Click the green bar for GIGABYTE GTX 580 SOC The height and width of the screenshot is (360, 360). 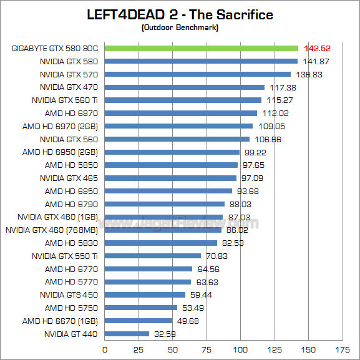201,48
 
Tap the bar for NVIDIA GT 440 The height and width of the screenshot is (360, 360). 127,334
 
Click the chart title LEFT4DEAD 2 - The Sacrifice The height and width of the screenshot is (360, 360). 179,14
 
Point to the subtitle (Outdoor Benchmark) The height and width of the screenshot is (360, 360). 179,27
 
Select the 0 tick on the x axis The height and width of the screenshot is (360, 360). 104,349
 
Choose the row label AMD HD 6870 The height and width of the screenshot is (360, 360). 72,113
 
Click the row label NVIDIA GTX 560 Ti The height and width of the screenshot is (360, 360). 65,100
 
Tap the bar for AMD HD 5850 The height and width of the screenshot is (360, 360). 171,165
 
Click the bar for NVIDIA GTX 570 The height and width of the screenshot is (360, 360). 197,74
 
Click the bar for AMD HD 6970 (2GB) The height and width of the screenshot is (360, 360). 178,126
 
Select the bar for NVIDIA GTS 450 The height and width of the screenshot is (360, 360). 145,294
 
